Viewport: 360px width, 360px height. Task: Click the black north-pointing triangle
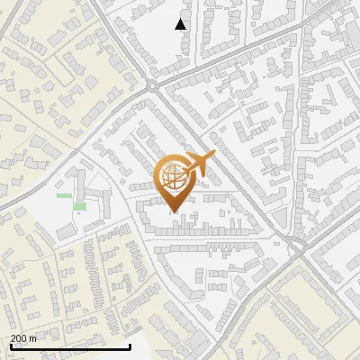(181, 24)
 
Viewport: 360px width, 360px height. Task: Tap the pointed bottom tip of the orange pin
(174, 212)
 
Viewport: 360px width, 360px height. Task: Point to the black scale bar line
(70, 346)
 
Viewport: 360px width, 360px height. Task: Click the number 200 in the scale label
(19, 337)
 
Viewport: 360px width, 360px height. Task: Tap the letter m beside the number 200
(32, 337)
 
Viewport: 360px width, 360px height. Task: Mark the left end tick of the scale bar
(11, 345)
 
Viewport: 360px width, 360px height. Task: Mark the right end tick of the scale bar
(130, 345)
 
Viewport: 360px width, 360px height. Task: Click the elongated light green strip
(64, 194)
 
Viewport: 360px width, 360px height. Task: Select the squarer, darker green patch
(80, 207)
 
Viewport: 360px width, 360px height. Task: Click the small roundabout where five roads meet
(152, 85)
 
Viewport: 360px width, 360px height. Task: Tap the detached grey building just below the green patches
(67, 232)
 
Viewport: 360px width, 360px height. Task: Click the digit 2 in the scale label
(13, 337)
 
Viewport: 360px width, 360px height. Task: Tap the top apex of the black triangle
(181, 19)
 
